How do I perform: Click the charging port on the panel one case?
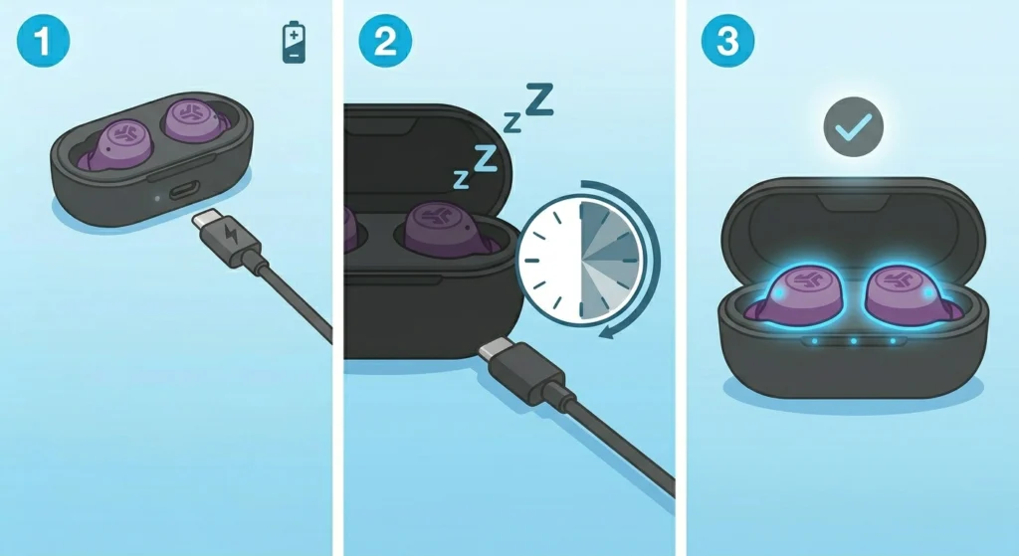pyautogui.click(x=181, y=191)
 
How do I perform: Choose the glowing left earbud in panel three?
pyautogui.click(x=803, y=291)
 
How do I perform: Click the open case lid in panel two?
pyautogui.click(x=428, y=149)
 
